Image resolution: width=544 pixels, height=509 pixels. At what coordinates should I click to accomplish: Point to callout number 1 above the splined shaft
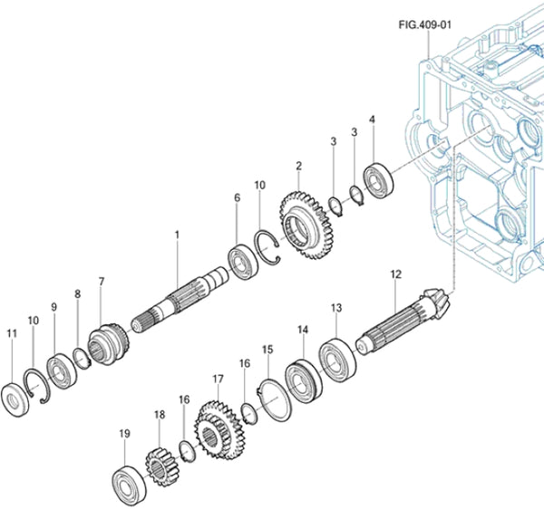click(177, 235)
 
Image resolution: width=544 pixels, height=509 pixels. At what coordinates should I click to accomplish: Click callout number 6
click(237, 197)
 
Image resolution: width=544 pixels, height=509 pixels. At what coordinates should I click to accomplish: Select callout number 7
click(102, 282)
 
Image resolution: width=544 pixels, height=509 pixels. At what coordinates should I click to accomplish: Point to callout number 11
click(11, 334)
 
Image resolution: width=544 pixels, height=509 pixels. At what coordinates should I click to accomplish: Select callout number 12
click(395, 273)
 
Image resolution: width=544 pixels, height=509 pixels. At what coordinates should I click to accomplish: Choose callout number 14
click(303, 331)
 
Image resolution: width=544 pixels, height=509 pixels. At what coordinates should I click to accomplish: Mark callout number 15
click(267, 349)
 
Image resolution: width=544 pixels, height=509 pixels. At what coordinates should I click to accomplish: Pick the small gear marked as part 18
click(160, 467)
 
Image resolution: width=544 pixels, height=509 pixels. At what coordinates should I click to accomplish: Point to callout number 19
click(125, 433)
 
